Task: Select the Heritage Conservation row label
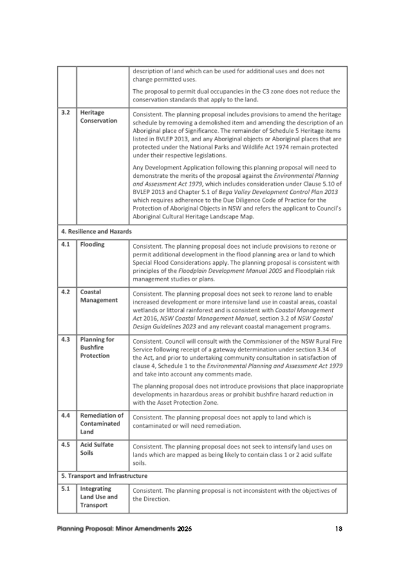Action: [x=99, y=116]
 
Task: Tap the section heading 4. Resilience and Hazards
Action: [x=95, y=232]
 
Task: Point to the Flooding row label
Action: [x=92, y=244]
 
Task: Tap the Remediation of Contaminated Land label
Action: [x=102, y=423]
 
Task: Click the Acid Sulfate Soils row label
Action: [x=96, y=448]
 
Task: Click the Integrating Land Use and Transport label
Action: [x=99, y=497]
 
